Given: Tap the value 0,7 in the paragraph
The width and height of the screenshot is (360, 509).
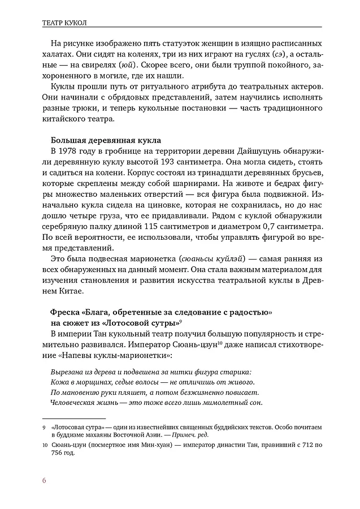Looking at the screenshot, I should coord(270,226).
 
